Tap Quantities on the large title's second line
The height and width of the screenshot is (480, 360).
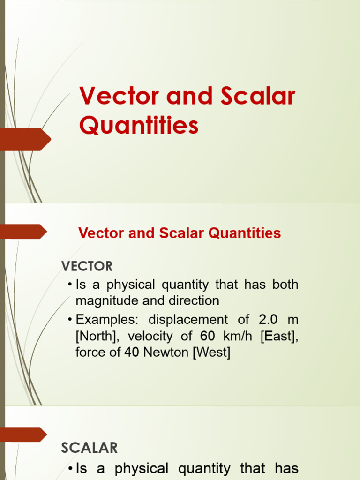coord(139,126)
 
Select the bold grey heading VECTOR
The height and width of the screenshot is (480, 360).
coord(87,266)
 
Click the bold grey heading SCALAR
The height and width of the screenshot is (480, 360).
coord(89,448)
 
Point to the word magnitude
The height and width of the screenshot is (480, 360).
coord(104,300)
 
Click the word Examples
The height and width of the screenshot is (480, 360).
coord(105,320)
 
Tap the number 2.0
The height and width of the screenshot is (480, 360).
coord(268,320)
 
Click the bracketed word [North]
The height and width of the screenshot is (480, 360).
coord(97,336)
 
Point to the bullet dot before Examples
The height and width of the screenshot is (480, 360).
coord(69,320)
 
